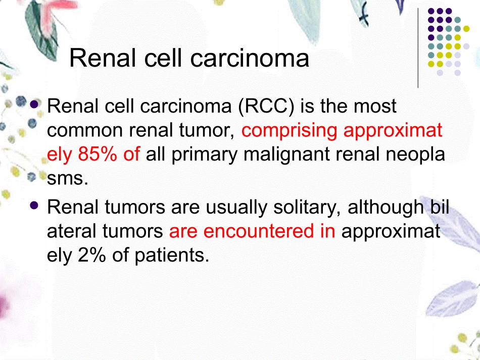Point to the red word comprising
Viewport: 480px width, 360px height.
(289, 130)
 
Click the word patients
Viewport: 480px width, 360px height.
(171, 255)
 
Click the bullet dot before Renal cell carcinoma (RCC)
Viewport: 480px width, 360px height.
(35, 105)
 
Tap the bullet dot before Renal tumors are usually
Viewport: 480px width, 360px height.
(35, 205)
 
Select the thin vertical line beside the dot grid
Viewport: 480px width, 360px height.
(418, 48)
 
